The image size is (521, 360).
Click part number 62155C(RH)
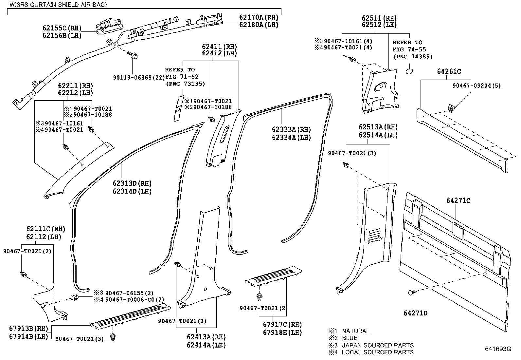62,28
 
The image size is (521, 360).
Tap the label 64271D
415,313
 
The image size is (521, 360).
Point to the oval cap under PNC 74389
410,71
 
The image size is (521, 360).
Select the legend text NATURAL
355,331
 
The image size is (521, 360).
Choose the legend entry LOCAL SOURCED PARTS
378,352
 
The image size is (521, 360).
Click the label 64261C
449,72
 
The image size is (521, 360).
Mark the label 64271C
458,200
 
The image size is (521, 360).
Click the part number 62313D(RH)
132,183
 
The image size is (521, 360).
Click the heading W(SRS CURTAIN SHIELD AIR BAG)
58,5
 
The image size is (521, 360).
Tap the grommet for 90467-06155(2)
74,298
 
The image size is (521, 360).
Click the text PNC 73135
185,84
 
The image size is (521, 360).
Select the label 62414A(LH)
206,345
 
